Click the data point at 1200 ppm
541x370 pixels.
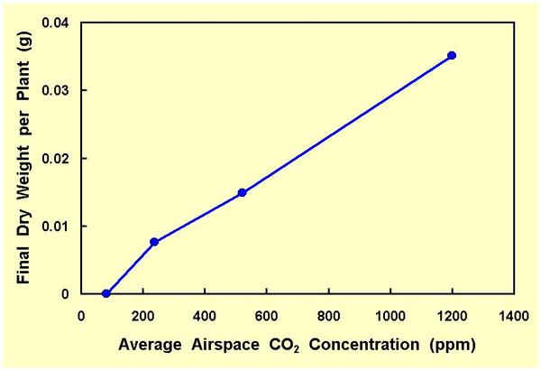click(452, 55)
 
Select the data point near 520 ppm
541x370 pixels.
click(242, 192)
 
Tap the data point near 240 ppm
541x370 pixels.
click(154, 242)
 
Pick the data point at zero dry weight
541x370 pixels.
click(106, 293)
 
